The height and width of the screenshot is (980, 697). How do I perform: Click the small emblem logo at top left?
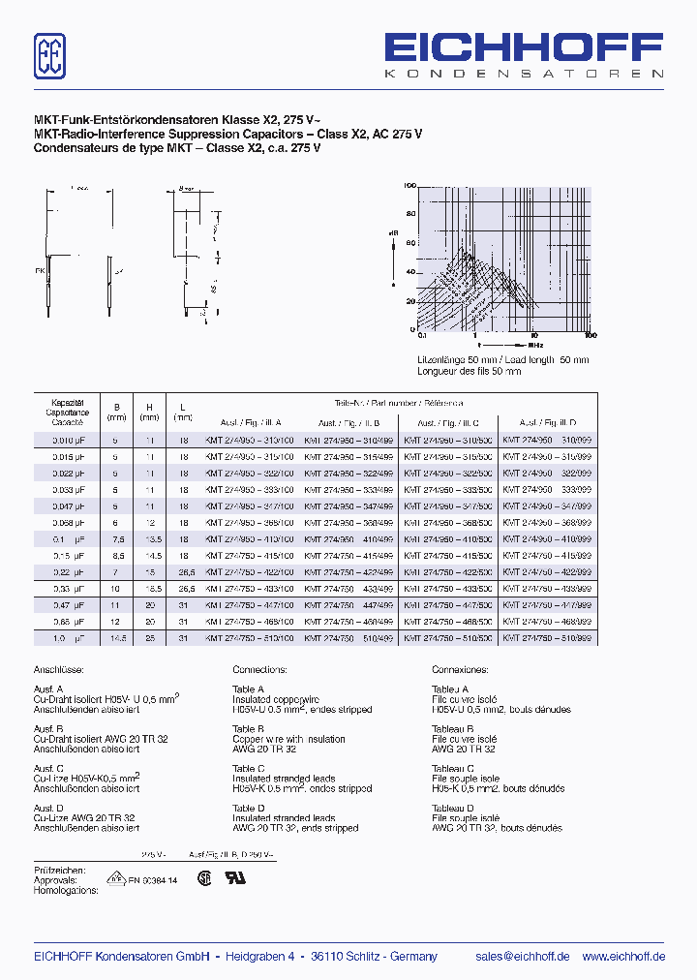(x=49, y=56)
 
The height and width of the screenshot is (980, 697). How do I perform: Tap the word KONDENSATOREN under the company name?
(x=524, y=75)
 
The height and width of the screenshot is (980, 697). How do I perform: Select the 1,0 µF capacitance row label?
(x=67, y=638)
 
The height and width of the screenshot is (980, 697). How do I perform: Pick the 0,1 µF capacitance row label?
(x=67, y=537)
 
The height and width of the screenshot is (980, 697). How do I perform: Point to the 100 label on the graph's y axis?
(x=409, y=185)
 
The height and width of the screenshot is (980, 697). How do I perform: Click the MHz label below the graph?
(x=535, y=344)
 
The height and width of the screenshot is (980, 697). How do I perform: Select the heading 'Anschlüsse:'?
(x=58, y=669)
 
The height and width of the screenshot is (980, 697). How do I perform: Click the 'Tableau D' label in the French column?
(x=452, y=808)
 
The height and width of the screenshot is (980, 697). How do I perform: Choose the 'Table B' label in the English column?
(x=248, y=729)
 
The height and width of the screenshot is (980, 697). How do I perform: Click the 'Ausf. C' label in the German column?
(x=48, y=768)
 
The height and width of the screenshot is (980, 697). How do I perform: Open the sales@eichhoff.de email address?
(x=522, y=956)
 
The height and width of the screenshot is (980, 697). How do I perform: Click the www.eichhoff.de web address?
(x=623, y=956)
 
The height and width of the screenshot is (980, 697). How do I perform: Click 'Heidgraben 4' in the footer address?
(x=260, y=956)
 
